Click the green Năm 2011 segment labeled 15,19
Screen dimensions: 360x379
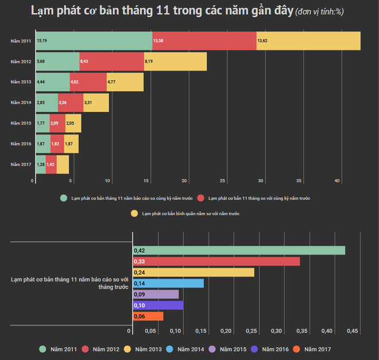click(x=94, y=41)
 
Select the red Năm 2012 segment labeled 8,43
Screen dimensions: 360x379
click(x=111, y=61)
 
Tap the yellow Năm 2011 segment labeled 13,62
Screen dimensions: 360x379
click(x=308, y=41)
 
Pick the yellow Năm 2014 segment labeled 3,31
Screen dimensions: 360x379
click(x=96, y=103)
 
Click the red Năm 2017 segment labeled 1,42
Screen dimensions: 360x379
click(x=51, y=165)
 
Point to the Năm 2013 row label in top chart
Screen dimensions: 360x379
click(x=22, y=82)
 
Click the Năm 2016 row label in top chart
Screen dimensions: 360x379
click(x=22, y=144)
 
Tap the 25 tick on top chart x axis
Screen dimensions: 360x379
click(x=223, y=181)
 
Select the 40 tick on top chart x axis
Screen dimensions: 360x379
click(x=337, y=181)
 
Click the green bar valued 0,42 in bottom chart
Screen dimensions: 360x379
click(x=239, y=250)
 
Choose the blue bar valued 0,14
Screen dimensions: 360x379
click(x=168, y=283)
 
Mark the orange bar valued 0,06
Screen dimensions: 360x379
click(x=148, y=316)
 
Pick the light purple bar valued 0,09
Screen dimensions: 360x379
click(x=156, y=294)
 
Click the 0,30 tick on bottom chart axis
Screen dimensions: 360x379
click(x=276, y=331)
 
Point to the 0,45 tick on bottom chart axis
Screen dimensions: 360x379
click(x=353, y=331)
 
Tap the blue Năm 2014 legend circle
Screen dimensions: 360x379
click(x=169, y=349)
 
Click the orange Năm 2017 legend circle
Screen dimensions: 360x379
click(x=297, y=349)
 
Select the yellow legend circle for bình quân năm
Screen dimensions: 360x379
click(x=134, y=214)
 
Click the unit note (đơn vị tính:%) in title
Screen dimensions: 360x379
click(x=319, y=12)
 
